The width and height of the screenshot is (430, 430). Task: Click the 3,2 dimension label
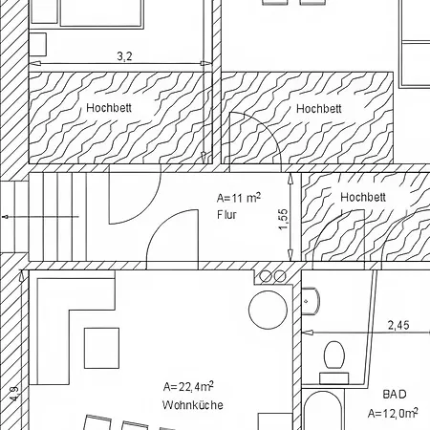pyautogui.click(x=124, y=56)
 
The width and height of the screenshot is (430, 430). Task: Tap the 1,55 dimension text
pyautogui.click(x=284, y=219)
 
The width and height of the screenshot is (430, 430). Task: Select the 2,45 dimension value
pyautogui.click(x=398, y=325)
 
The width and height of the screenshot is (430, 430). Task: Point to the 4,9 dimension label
pyautogui.click(x=14, y=394)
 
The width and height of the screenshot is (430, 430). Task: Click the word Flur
pyautogui.click(x=226, y=215)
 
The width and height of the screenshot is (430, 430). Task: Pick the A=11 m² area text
pyautogui.click(x=239, y=198)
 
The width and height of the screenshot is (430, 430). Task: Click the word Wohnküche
pyautogui.click(x=193, y=405)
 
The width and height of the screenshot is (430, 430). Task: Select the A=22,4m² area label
pyautogui.click(x=188, y=386)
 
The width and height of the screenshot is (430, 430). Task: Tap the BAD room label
pyautogui.click(x=395, y=395)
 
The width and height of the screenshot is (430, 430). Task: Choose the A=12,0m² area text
pyautogui.click(x=393, y=413)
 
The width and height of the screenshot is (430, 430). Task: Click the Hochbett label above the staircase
pyautogui.click(x=109, y=108)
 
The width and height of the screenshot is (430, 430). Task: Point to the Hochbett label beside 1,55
pyautogui.click(x=363, y=197)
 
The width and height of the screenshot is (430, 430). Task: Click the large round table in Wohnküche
pyautogui.click(x=268, y=310)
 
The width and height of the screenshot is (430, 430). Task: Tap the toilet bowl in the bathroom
pyautogui.click(x=334, y=355)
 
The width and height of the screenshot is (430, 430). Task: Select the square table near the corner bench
pyautogui.click(x=101, y=348)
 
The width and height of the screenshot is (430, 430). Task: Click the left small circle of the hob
pyautogui.click(x=266, y=276)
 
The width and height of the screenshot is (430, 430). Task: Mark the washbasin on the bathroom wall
pyautogui.click(x=310, y=301)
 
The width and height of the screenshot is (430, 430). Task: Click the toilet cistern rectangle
pyautogui.click(x=334, y=378)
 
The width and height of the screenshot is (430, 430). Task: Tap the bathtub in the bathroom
pyautogui.click(x=322, y=411)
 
